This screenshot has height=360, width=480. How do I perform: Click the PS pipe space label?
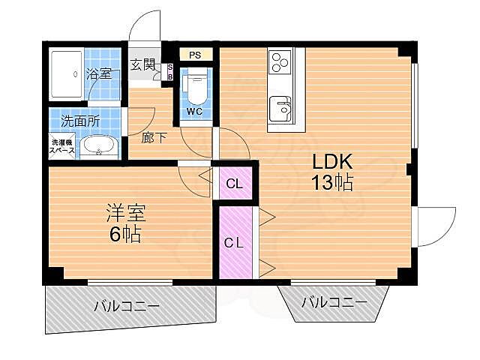point(195,55)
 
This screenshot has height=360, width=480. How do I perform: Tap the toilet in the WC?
point(196,85)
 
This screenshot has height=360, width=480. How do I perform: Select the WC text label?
point(195,112)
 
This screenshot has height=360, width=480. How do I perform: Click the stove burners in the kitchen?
point(280,62)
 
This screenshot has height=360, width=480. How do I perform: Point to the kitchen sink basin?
point(280,109)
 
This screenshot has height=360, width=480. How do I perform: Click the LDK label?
point(332,162)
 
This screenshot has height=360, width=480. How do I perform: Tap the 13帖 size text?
point(332,183)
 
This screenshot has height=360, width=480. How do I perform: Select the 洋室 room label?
point(126,213)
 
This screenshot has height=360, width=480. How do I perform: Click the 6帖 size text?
point(125,235)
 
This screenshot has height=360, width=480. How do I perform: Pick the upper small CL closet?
point(235,184)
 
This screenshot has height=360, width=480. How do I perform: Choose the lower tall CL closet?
point(235,243)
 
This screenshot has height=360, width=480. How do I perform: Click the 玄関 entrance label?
point(142,64)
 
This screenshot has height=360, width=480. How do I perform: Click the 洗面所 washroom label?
point(80,121)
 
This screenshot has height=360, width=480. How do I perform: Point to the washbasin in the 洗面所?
point(99,146)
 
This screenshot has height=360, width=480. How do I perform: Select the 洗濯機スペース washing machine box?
point(62,146)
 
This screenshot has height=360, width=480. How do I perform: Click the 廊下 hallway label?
point(154,138)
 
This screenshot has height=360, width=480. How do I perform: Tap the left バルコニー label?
point(127,305)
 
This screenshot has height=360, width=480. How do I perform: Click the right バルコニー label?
point(334,302)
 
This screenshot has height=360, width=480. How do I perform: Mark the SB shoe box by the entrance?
point(170,72)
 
